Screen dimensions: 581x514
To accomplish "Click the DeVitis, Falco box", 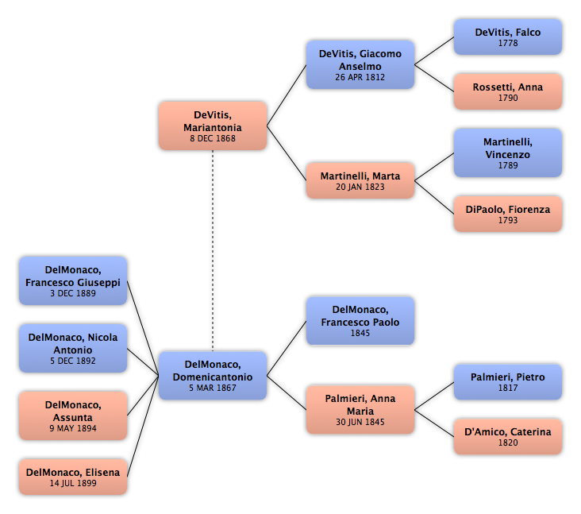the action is (508, 37).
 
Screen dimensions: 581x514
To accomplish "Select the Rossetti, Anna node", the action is (508, 91).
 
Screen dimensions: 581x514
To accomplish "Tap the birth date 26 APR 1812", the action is (360, 77).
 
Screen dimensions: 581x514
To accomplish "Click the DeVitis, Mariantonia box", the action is (213, 126).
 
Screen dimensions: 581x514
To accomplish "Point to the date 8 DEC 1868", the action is (213, 138).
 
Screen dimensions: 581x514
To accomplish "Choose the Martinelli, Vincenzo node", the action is (508, 153).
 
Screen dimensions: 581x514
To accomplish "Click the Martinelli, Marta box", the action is (360, 180).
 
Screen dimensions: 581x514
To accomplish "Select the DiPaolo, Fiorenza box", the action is (508, 214).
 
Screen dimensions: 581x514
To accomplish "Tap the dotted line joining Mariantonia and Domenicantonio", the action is (213, 251).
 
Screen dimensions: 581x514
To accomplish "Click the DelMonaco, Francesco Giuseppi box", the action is (73, 280).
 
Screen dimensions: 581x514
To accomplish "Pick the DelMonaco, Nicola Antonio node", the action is (73, 348).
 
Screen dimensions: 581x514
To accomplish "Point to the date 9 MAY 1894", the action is (73, 428).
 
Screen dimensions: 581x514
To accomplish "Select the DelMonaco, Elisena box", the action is (73, 477).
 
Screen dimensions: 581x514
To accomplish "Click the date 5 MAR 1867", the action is (213, 388).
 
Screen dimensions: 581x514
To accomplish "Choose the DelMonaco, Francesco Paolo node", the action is (360, 321).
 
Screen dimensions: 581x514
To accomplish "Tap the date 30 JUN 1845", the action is (360, 422).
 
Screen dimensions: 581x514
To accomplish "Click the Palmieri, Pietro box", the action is (508, 382).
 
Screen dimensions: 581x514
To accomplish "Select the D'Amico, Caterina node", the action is (508, 437).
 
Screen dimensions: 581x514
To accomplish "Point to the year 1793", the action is (508, 220).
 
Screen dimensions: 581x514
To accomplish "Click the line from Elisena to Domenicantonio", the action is (143, 427).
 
